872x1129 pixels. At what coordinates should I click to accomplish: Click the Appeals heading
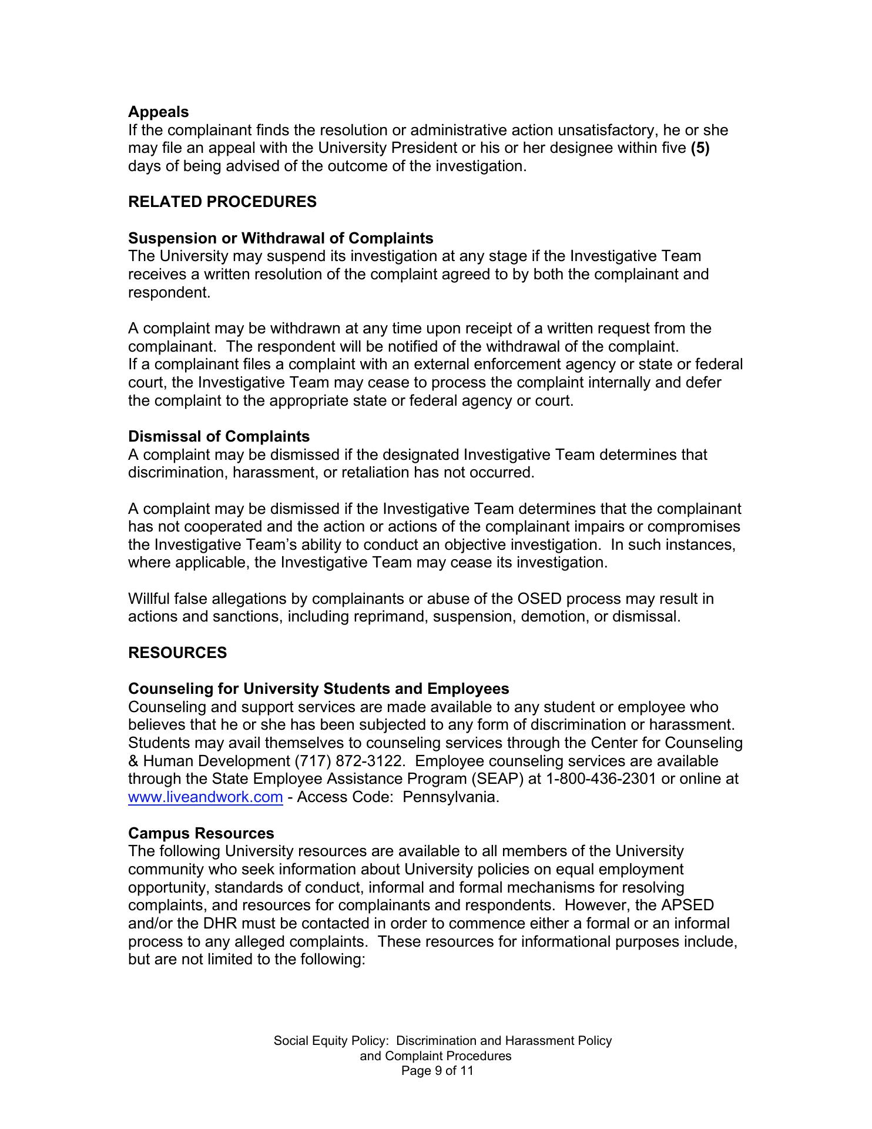pyautogui.click(x=158, y=112)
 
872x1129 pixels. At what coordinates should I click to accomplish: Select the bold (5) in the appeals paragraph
pyautogui.click(x=700, y=148)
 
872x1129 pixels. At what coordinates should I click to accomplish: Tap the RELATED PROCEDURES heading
pyautogui.click(x=222, y=202)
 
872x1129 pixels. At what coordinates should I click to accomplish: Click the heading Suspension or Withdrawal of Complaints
pyautogui.click(x=280, y=238)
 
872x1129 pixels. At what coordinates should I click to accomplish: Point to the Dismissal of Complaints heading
pyautogui.click(x=219, y=436)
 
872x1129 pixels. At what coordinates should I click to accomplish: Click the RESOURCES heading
pyautogui.click(x=177, y=653)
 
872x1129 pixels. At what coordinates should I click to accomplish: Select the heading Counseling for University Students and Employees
pyautogui.click(x=318, y=689)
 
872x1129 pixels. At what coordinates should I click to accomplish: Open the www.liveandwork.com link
pyautogui.click(x=205, y=797)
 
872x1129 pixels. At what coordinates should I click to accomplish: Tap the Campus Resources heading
pyautogui.click(x=201, y=833)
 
